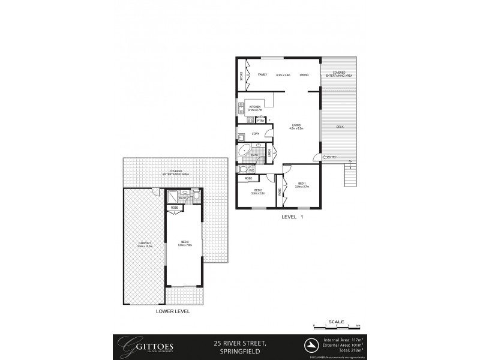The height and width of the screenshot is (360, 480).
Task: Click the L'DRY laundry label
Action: (x=254, y=134)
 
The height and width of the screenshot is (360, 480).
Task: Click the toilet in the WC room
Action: (x=242, y=170)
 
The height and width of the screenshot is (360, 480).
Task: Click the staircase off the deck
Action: (x=348, y=176)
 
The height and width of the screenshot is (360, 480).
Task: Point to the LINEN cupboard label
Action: (x=269, y=152)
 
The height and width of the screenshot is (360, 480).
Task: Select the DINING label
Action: (x=304, y=75)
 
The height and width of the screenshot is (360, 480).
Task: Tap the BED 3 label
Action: (x=184, y=243)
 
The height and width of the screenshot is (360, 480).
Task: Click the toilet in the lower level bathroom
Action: (x=196, y=196)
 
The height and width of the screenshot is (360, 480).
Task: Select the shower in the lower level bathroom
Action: (x=172, y=196)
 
